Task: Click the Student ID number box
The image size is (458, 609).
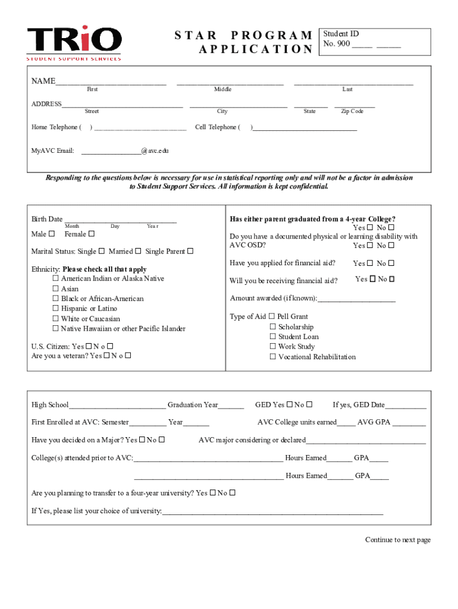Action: (x=374, y=40)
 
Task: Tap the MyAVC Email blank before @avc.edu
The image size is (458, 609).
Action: (x=111, y=152)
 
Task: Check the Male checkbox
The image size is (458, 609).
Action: (x=51, y=234)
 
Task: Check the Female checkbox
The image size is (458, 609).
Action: (x=91, y=234)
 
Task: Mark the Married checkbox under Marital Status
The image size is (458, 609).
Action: (x=138, y=251)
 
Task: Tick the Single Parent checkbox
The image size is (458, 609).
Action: (x=190, y=251)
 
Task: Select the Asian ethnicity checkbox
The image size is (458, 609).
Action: (x=55, y=289)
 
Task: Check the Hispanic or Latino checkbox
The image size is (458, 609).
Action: (x=55, y=309)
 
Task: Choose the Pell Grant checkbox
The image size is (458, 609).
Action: (x=272, y=316)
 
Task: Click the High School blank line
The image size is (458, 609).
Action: (x=117, y=406)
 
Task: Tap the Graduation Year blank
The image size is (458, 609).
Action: (x=231, y=406)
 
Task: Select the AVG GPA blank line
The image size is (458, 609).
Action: (x=409, y=423)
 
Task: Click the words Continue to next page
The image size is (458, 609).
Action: (x=397, y=540)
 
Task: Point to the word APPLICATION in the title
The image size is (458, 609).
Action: (x=255, y=49)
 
